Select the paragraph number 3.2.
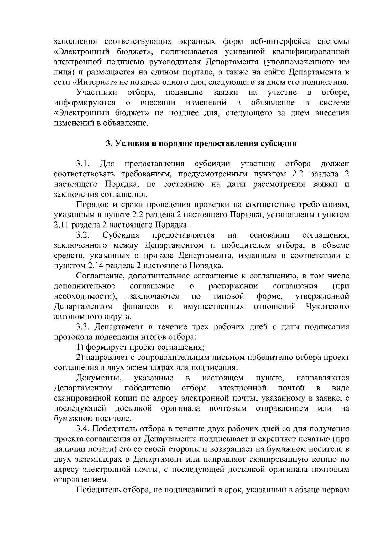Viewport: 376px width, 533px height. click(x=83, y=235)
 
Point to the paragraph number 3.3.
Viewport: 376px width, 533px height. click(x=83, y=327)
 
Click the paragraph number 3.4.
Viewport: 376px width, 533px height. click(x=83, y=429)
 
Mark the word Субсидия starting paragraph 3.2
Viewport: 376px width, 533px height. click(x=121, y=235)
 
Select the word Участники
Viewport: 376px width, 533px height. click(x=97, y=93)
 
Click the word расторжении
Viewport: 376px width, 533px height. click(x=233, y=286)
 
